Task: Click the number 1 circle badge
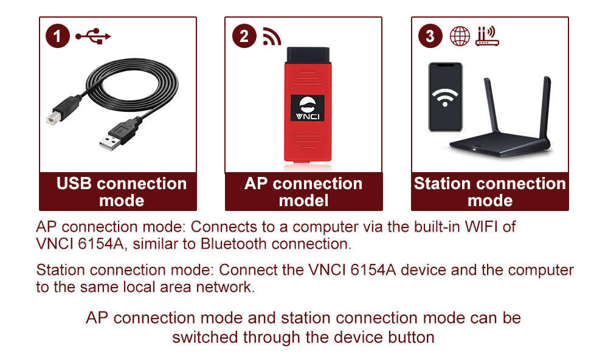[58, 36]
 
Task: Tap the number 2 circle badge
[244, 36]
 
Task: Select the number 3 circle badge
[430, 36]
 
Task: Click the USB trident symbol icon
[93, 36]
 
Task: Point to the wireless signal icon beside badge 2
[272, 36]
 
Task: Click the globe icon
[460, 36]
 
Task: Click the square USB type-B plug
[62, 111]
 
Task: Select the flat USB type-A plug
[111, 139]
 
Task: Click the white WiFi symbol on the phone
[446, 98]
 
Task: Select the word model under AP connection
[303, 201]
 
